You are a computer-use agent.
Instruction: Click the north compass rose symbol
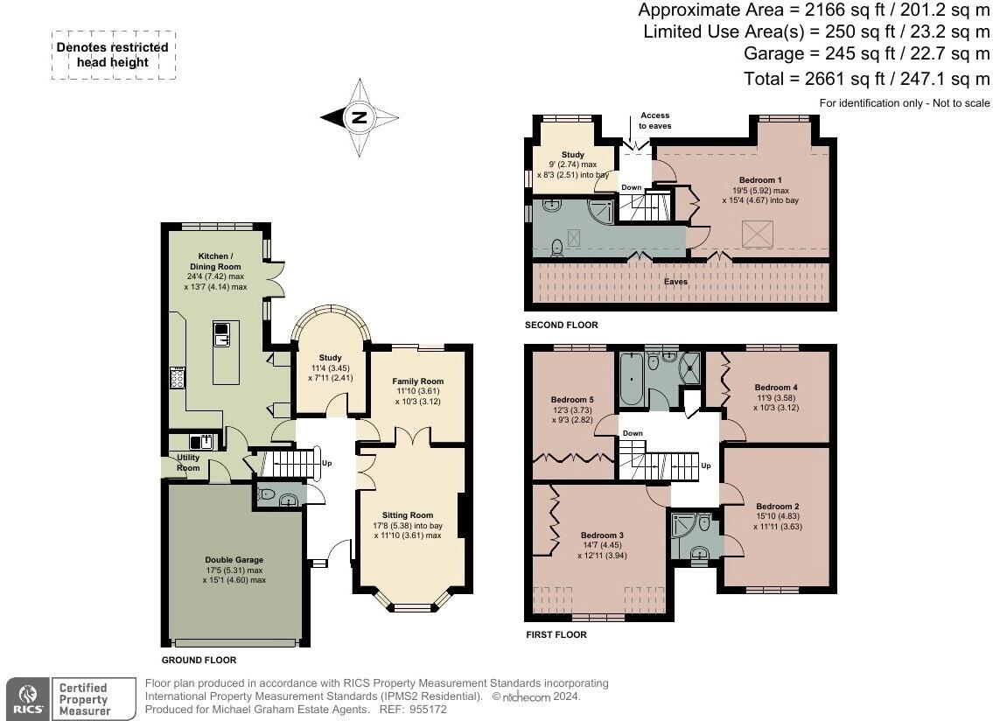coord(360,117)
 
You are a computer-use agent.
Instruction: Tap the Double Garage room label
coord(234,560)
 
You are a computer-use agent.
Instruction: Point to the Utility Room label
coord(188,463)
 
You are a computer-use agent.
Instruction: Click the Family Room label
coord(417,381)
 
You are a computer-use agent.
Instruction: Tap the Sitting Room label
coord(407,515)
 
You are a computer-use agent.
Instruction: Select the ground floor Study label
coord(330,358)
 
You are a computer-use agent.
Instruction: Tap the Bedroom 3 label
coord(602,535)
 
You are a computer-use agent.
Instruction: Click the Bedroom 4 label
coord(776,388)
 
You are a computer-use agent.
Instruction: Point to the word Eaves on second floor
coord(675,282)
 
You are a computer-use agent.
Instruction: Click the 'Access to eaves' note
coord(655,121)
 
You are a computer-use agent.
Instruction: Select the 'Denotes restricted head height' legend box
coord(113,55)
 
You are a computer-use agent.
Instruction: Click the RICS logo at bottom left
coord(25,699)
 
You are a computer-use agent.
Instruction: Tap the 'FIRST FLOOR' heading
coord(556,635)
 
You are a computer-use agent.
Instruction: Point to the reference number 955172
coord(429,710)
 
